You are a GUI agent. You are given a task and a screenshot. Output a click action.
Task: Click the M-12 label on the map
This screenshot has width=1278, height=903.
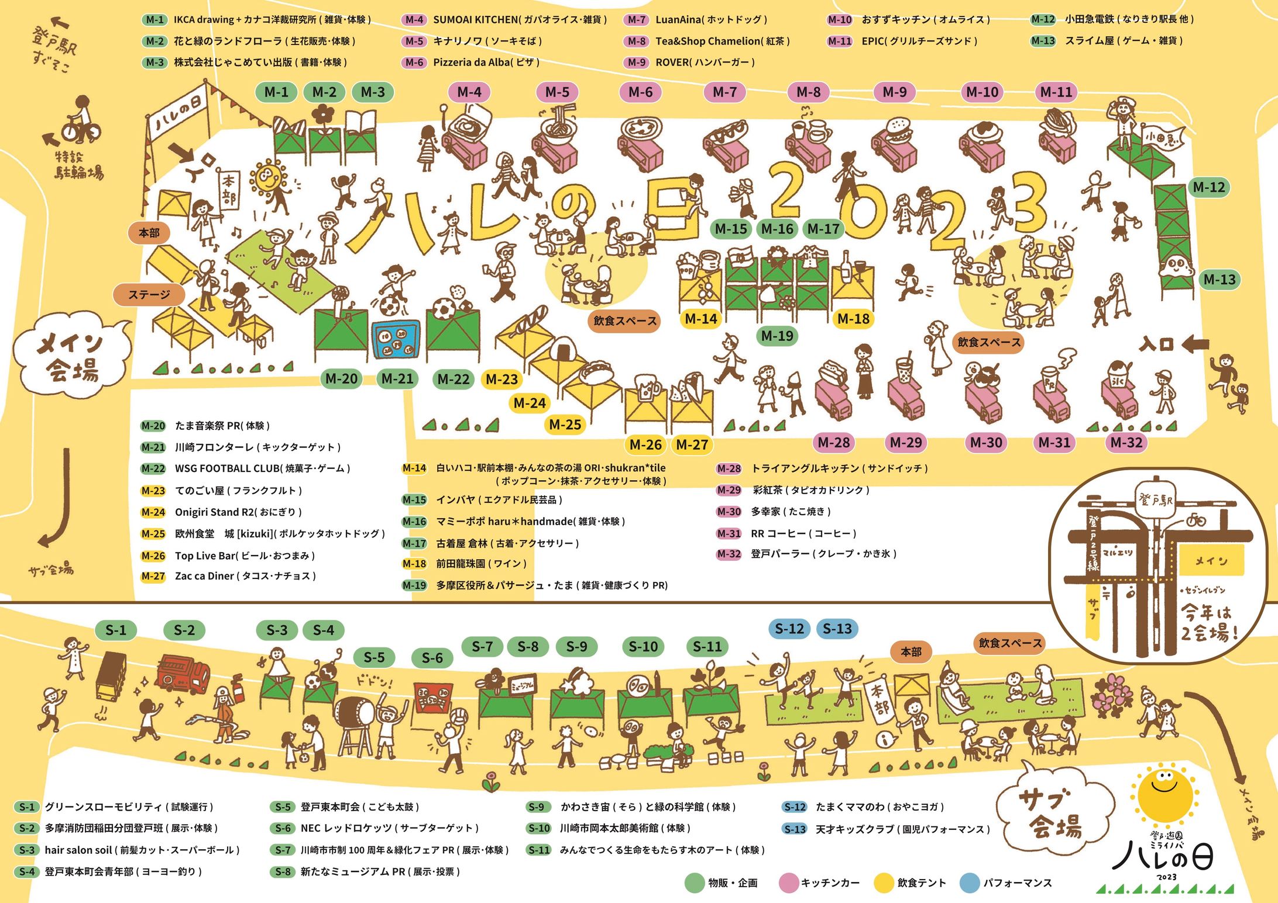point(1209,187)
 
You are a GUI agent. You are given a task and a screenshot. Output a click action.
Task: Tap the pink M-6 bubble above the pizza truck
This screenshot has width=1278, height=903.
point(640,92)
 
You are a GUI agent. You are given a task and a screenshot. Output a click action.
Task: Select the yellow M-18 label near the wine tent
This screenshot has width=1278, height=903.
point(853,319)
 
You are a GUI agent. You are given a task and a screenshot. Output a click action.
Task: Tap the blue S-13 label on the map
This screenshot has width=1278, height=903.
point(837,629)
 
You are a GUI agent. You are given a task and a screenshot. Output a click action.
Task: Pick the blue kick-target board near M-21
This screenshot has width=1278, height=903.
point(396,340)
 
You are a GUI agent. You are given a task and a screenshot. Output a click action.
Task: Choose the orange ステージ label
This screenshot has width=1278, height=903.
point(149,295)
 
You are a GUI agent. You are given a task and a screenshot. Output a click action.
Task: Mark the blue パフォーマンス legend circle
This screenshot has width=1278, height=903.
point(970,883)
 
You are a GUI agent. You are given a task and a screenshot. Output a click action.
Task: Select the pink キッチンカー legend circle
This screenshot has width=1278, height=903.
point(789,883)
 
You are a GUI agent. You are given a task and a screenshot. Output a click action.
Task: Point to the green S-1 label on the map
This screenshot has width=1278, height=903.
point(115,630)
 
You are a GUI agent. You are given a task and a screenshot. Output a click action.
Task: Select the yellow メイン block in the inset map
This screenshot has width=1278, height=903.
point(1210,561)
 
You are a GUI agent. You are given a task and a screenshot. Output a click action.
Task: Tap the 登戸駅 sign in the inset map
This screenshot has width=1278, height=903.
point(1155,501)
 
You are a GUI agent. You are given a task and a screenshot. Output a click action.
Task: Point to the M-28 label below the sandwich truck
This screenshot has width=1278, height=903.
point(833,442)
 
